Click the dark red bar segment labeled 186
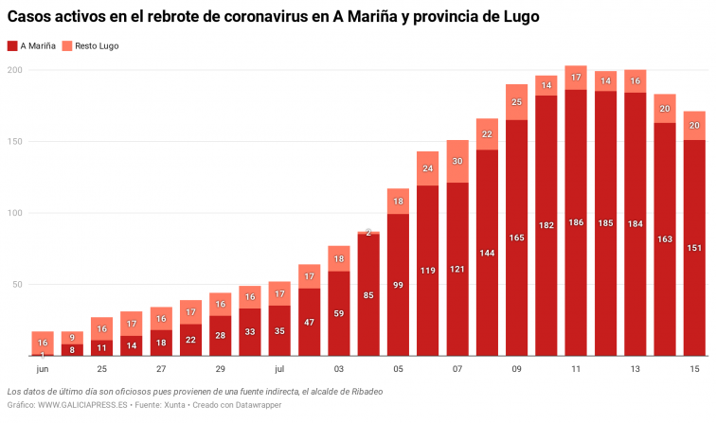pyautogui.click(x=576, y=222)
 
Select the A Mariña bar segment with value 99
pyautogui.click(x=398, y=284)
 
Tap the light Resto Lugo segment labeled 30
pyautogui.click(x=457, y=162)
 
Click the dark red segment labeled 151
pyautogui.click(x=694, y=248)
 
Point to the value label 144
pyautogui.click(x=487, y=254)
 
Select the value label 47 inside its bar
pyautogui.click(x=309, y=323)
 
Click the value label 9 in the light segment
pyautogui.click(x=72, y=338)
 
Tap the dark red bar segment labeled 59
pyautogui.click(x=339, y=313)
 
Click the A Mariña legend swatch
pyautogui.click(x=11, y=45)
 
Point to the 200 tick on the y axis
pyautogui.click(x=15, y=70)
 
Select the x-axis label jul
pyautogui.click(x=279, y=368)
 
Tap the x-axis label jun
pyautogui.click(x=43, y=368)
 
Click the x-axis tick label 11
pyautogui.click(x=576, y=368)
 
